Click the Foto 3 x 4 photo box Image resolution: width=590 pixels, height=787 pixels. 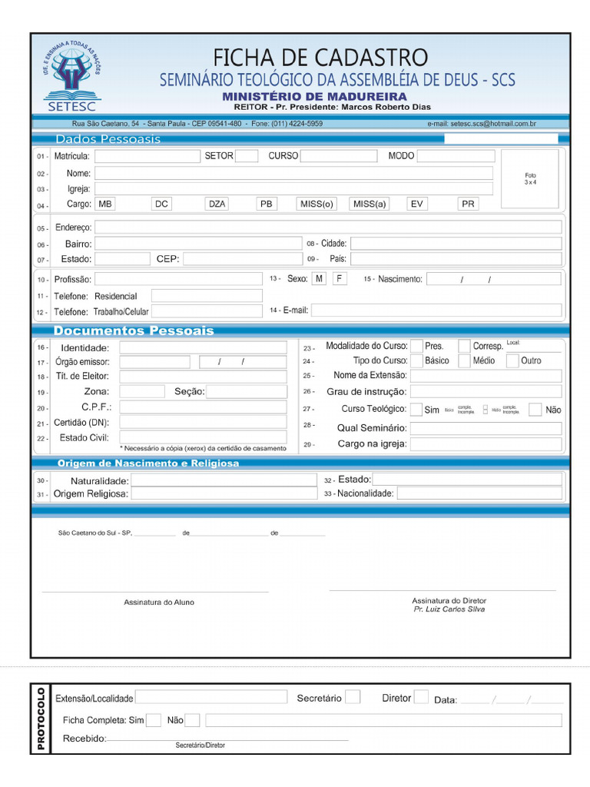(x=531, y=178)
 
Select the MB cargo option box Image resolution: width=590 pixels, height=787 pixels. (x=104, y=204)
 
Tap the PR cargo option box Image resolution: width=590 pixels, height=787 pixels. (x=468, y=204)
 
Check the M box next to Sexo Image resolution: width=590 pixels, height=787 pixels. (x=319, y=278)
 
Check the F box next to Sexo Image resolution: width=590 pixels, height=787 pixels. (x=340, y=278)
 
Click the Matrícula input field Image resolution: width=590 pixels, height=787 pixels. (x=147, y=156)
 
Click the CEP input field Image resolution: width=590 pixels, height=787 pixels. (x=243, y=259)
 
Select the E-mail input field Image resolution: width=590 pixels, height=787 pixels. (x=436, y=310)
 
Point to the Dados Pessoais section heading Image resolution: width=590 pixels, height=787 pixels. (x=108, y=139)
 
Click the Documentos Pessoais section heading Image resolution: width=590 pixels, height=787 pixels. (x=134, y=331)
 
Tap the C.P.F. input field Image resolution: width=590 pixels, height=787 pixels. (x=203, y=407)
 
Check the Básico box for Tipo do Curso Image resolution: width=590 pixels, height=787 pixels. (x=416, y=360)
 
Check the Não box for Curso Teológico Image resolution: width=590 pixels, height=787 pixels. (x=535, y=410)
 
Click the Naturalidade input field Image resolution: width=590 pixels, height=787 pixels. (x=224, y=480)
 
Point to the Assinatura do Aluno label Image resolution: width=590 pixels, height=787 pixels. (x=159, y=603)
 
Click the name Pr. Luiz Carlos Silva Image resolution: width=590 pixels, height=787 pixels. (x=449, y=609)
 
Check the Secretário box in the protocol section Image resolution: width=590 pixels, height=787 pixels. (x=353, y=697)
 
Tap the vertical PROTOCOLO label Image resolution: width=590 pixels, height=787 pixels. (x=41, y=719)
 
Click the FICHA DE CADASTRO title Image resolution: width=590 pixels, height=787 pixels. (x=320, y=58)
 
